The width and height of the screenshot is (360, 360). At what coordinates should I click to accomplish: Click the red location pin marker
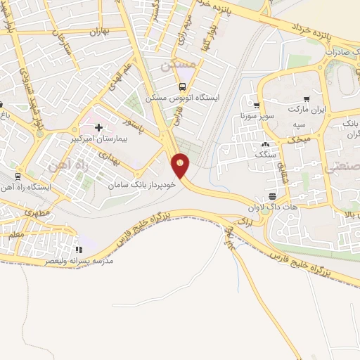[x=181, y=165]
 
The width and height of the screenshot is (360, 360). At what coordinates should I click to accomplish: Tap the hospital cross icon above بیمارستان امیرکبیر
[x=98, y=127]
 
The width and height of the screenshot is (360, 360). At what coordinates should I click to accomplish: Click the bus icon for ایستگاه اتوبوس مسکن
[x=183, y=87]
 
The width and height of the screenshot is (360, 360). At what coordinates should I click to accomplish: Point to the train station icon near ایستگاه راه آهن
[x=18, y=176]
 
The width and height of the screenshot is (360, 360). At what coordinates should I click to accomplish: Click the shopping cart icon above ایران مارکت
[x=306, y=99]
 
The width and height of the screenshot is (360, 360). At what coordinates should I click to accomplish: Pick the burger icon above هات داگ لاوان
[x=272, y=195]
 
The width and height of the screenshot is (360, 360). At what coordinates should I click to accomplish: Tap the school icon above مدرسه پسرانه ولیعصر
[x=79, y=249]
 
